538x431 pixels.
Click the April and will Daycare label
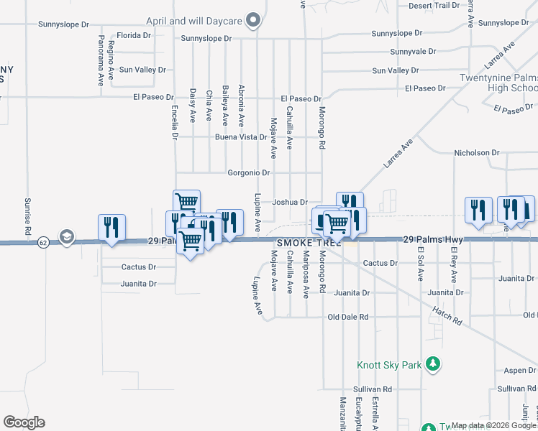193,21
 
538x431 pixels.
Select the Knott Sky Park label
389,365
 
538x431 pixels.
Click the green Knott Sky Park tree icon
432,365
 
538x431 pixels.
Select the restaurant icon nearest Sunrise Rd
111,228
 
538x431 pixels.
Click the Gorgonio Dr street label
248,173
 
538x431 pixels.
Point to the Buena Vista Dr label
241,136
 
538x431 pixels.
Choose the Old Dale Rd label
347,317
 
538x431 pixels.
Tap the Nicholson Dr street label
476,153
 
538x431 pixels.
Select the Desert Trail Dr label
433,5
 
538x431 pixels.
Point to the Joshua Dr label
290,203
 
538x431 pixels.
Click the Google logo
24,422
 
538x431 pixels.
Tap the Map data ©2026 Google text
493,425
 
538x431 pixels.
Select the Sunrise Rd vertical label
27,217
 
